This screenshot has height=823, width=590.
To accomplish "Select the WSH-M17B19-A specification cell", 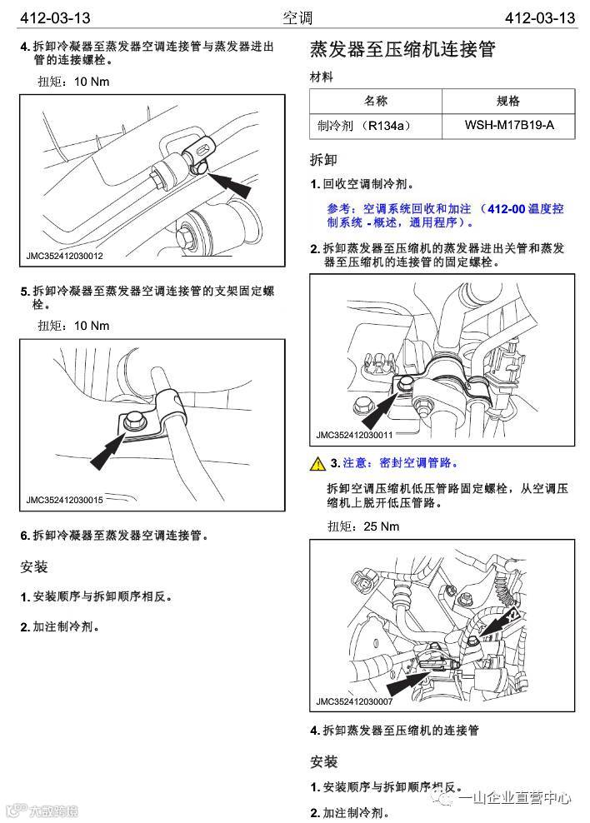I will (x=509, y=126).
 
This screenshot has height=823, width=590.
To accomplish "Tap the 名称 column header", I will (x=376, y=101).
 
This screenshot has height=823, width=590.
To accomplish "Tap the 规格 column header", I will (x=508, y=101).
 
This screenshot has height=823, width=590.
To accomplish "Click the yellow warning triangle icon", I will (x=317, y=463).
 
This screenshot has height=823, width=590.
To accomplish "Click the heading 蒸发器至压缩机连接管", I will (x=402, y=50).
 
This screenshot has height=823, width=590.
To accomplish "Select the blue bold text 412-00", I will (x=507, y=208).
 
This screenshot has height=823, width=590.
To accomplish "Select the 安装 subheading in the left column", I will (x=34, y=567).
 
